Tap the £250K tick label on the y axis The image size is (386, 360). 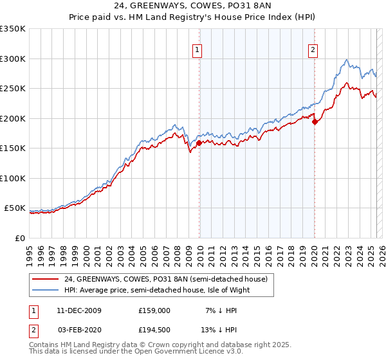click(x=13, y=89)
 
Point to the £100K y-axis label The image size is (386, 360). click(x=13, y=178)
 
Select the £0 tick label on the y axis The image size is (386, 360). click(x=19, y=238)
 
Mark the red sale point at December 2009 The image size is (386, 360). click(x=199, y=143)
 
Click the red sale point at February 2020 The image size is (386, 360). click(x=315, y=122)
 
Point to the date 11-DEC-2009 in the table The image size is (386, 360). click(x=76, y=310)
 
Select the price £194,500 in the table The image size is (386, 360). click(x=154, y=329)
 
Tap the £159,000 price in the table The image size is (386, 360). click(x=154, y=310)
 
